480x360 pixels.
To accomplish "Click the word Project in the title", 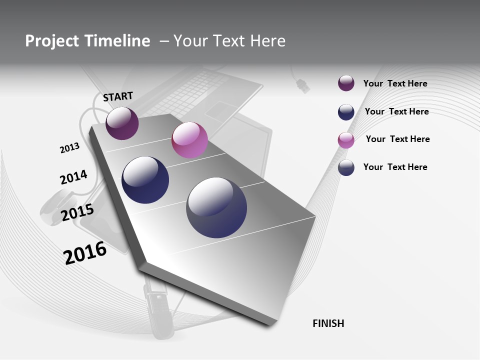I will click(x=52, y=41).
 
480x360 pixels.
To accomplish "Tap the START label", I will click(x=118, y=96).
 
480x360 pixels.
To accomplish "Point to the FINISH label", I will click(x=328, y=323).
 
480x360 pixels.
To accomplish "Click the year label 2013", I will click(x=69, y=148).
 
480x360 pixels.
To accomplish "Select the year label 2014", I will click(x=73, y=177).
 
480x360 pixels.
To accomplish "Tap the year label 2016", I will click(x=85, y=253).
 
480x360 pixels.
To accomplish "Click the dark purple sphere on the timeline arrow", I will click(x=122, y=123).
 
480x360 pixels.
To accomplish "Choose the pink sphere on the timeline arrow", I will click(x=189, y=140).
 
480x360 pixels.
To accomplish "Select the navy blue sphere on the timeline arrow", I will click(x=145, y=180).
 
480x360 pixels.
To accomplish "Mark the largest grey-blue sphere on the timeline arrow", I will click(x=216, y=207).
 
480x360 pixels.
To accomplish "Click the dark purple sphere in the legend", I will click(x=346, y=83).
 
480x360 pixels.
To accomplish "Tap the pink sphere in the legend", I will click(x=346, y=140).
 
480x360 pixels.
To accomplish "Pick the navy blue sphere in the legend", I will click(x=346, y=112).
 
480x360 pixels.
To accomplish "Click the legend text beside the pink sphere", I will click(x=397, y=139).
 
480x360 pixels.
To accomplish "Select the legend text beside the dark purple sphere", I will click(x=395, y=83).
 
